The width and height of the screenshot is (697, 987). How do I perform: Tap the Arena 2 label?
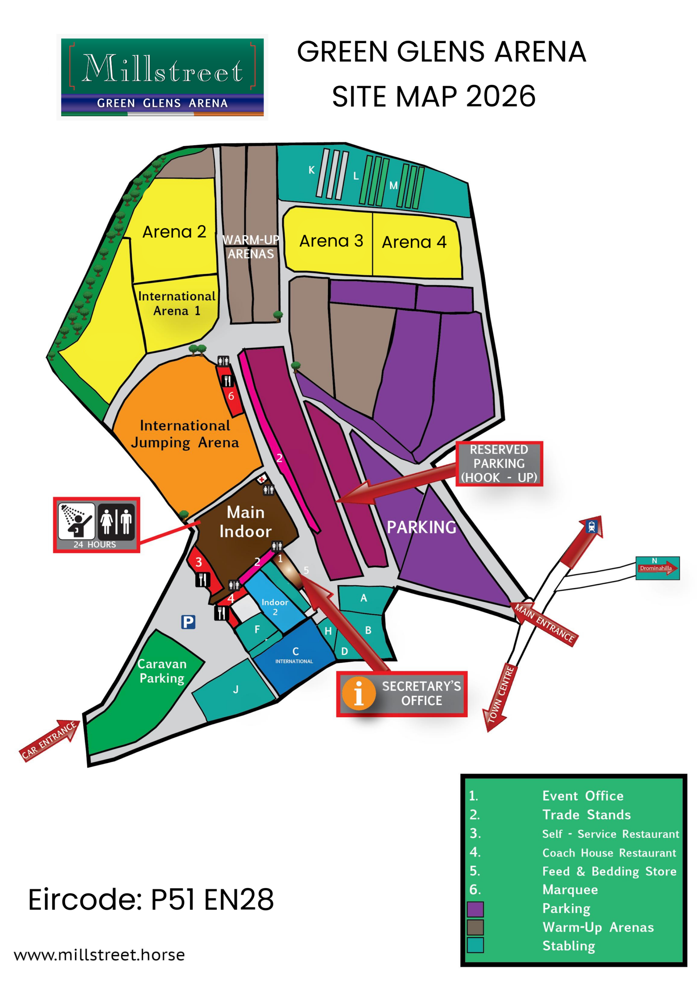coord(174,232)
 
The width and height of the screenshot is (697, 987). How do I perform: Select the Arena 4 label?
coord(414,242)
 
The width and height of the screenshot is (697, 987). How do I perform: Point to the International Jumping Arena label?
coord(185,434)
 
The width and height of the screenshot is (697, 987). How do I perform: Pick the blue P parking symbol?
coord(188,622)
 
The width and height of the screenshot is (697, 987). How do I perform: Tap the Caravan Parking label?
coord(162,670)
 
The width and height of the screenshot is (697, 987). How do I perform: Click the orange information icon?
coord(359,693)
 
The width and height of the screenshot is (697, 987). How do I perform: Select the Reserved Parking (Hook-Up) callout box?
coord(499,463)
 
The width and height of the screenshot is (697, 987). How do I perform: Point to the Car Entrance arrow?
coord(49,740)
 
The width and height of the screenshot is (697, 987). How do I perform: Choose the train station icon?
coord(591,526)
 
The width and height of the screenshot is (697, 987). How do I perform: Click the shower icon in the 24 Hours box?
coord(77,521)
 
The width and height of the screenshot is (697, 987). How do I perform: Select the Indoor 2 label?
coord(275,606)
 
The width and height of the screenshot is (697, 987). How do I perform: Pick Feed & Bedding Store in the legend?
coord(609,871)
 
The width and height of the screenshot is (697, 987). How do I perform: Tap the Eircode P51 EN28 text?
coord(151,899)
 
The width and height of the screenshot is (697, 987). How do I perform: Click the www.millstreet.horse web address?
coord(99,955)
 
